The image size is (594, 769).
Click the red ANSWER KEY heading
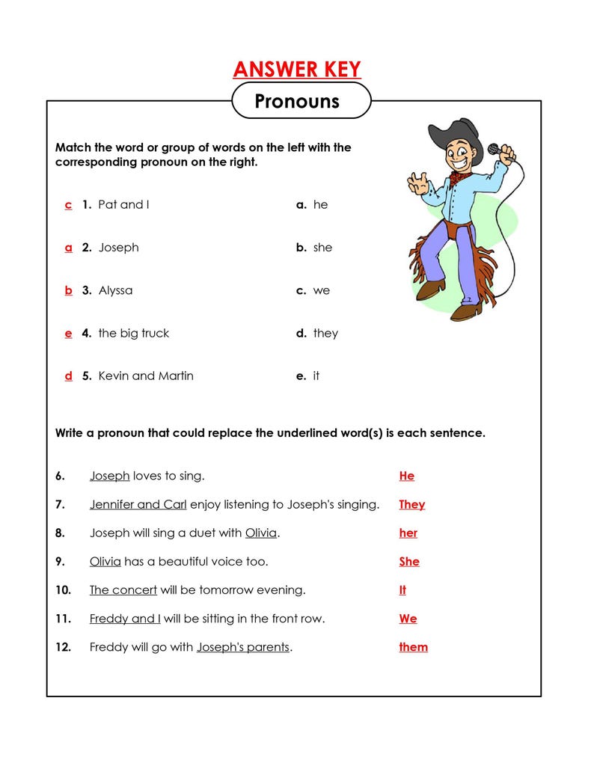pyautogui.click(x=297, y=70)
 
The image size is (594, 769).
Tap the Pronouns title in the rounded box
pyautogui.click(x=297, y=101)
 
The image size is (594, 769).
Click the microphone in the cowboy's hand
pyautogui.click(x=495, y=149)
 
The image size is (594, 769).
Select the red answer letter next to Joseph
pyautogui.click(x=69, y=248)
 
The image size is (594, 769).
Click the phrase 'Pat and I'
pyautogui.click(x=123, y=205)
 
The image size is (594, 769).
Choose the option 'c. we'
pyautogui.click(x=313, y=290)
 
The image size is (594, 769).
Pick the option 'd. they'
pyautogui.click(x=317, y=334)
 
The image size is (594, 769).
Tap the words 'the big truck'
pyautogui.click(x=134, y=334)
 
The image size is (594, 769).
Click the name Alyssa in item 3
pyautogui.click(x=115, y=290)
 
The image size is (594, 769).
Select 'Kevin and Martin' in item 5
pyautogui.click(x=146, y=376)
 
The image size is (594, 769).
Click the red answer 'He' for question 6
pyautogui.click(x=406, y=476)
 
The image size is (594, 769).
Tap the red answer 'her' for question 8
pyautogui.click(x=408, y=533)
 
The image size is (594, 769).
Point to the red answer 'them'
pyautogui.click(x=413, y=647)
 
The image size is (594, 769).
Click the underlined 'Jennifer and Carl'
pyautogui.click(x=138, y=505)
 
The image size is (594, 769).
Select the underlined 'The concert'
pyautogui.click(x=123, y=590)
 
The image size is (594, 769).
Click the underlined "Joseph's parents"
pyautogui.click(x=242, y=647)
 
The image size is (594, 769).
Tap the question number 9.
pyautogui.click(x=60, y=562)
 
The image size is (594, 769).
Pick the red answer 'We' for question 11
pyautogui.click(x=408, y=619)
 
